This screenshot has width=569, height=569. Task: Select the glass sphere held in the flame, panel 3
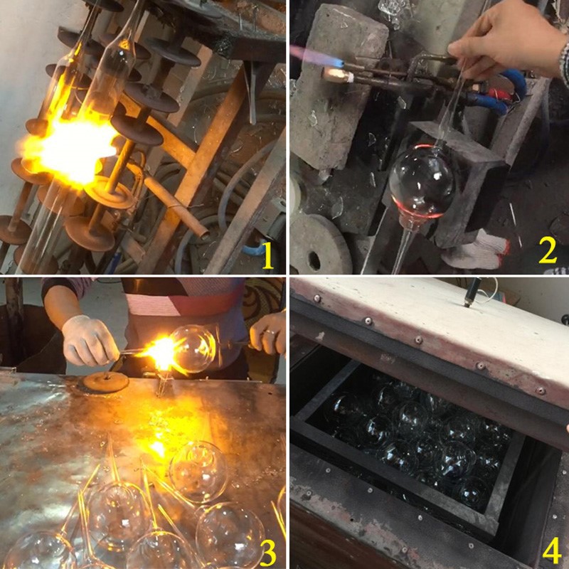click(192, 349)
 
